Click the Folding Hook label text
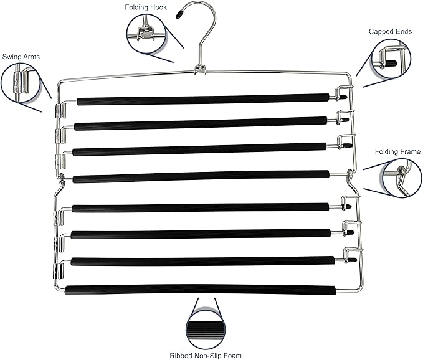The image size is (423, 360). pyautogui.click(x=146, y=7)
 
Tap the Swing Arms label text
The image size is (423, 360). pyautogui.click(x=21, y=57)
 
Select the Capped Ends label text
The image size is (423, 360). pyautogui.click(x=390, y=32)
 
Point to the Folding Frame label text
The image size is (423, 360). pyautogui.click(x=397, y=152)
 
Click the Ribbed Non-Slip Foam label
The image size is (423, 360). pyautogui.click(x=206, y=356)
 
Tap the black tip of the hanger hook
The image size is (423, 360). pyautogui.click(x=179, y=14)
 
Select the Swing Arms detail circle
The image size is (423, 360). pyautogui.click(x=21, y=82)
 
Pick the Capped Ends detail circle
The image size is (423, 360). pyautogui.click(x=391, y=59)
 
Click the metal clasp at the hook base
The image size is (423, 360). pyautogui.click(x=200, y=70)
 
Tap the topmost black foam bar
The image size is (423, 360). pyautogui.click(x=203, y=99)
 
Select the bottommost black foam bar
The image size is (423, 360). pyautogui.click(x=201, y=290)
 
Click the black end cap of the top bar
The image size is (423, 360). pyautogui.click(x=343, y=97)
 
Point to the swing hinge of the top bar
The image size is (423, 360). pyautogui.click(x=60, y=111)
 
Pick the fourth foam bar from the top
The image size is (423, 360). pyautogui.click(x=201, y=176)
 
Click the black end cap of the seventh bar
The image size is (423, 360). pyautogui.click(x=353, y=260)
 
